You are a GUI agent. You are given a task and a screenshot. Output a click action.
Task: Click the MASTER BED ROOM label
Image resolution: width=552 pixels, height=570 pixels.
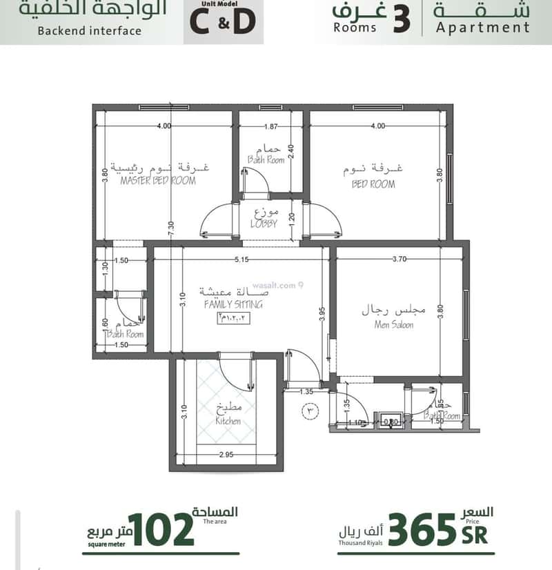point(158,181)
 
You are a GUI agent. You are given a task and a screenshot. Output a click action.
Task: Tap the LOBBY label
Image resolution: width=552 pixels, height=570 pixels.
point(264,224)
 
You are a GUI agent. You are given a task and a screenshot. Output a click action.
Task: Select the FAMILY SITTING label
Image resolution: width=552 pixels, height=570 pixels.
point(233,304)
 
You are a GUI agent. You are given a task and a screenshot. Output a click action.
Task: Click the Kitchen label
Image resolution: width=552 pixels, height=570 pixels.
point(228,420)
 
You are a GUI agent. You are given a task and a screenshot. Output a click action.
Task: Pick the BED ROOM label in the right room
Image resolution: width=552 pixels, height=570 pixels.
point(373,184)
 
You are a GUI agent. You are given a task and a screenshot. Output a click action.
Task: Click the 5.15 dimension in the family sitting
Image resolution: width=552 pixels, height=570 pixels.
point(240,259)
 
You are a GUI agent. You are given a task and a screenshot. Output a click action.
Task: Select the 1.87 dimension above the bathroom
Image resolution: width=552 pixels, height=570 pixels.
point(270,126)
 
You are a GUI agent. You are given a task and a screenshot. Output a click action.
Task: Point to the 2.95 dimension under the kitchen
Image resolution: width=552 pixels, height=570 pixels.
point(226,454)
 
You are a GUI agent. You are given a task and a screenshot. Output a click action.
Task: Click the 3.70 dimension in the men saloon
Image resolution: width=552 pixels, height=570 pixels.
point(399,259)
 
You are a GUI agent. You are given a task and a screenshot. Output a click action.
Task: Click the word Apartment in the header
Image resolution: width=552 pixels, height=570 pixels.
point(483,28)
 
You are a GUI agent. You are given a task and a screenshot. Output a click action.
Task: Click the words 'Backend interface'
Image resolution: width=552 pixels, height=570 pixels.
point(90,30)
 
